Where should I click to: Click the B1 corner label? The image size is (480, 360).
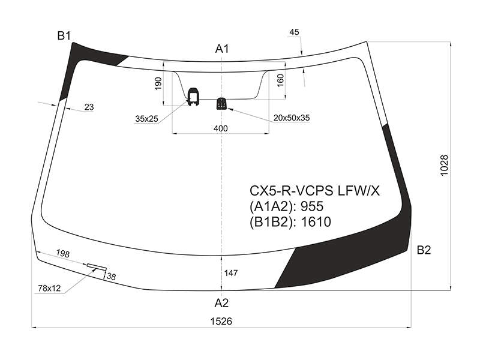click(x=64, y=36)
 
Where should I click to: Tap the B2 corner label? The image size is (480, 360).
click(x=424, y=250)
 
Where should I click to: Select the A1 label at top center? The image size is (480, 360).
click(x=222, y=49)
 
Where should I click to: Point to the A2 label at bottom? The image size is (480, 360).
click(x=221, y=303)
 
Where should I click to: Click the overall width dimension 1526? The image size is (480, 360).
click(x=221, y=322)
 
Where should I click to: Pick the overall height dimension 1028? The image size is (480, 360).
click(x=444, y=166)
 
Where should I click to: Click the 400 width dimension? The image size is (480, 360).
click(x=221, y=128)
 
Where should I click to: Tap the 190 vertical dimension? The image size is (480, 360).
click(x=158, y=83)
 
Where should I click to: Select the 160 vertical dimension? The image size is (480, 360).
click(x=280, y=80)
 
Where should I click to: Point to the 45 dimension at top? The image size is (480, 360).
click(x=294, y=32)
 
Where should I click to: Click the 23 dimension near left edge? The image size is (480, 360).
click(x=89, y=107)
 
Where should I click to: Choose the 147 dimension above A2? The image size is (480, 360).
click(x=231, y=273)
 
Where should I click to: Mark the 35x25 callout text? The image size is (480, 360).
click(x=146, y=119)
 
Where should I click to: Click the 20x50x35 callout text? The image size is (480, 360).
click(x=292, y=118)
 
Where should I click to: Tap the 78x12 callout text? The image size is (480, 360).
click(x=49, y=289)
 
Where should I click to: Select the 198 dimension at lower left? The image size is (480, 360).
click(x=63, y=253)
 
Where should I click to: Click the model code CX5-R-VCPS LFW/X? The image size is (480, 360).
click(x=314, y=191)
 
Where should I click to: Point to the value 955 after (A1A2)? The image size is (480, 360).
click(x=312, y=206)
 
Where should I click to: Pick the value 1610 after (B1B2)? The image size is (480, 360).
click(x=316, y=222)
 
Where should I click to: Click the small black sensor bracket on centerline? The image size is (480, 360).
click(x=221, y=103)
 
